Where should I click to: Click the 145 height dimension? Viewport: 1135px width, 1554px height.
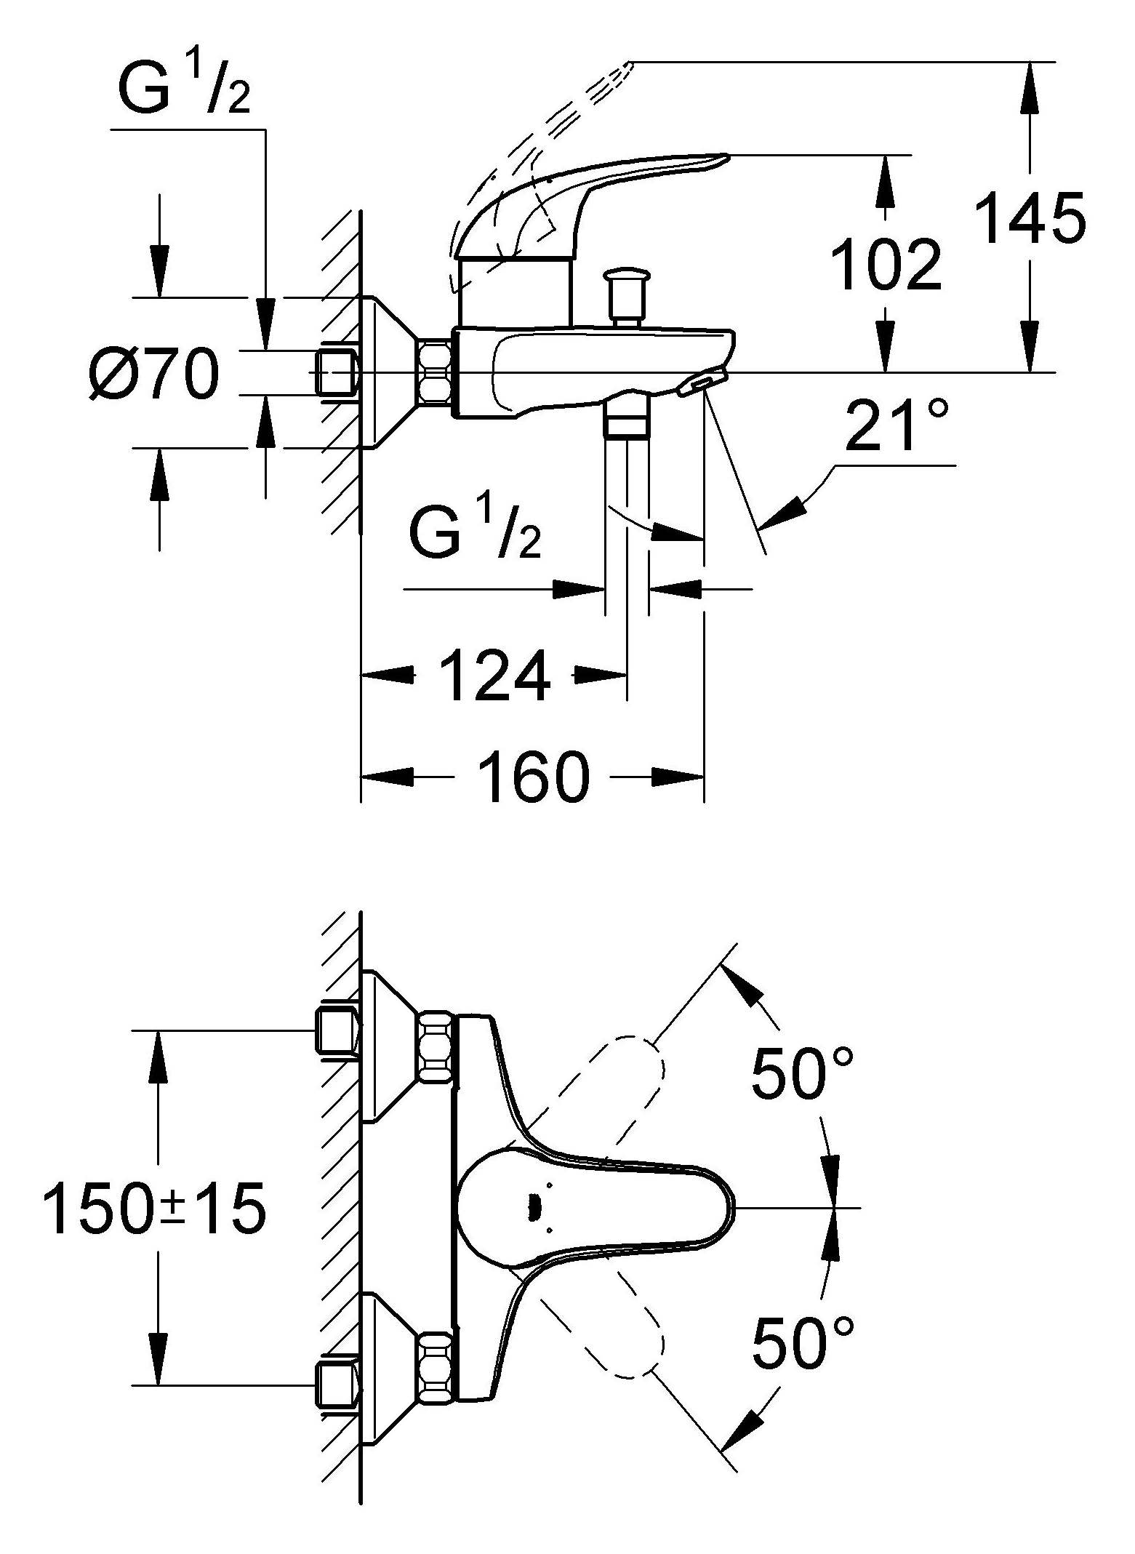coord(1030,217)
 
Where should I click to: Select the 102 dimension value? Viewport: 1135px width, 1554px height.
coord(886,264)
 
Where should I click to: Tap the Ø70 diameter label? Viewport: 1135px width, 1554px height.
coord(154,374)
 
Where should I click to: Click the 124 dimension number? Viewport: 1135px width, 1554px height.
coord(495,676)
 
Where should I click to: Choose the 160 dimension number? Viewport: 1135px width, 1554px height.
coord(532,777)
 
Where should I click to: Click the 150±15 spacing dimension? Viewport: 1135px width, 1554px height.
coord(154,1208)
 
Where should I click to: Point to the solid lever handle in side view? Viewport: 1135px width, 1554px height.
coord(582,196)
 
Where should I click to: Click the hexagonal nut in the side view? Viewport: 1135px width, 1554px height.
coord(435,372)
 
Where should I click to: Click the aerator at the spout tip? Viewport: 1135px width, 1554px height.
coord(702,383)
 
